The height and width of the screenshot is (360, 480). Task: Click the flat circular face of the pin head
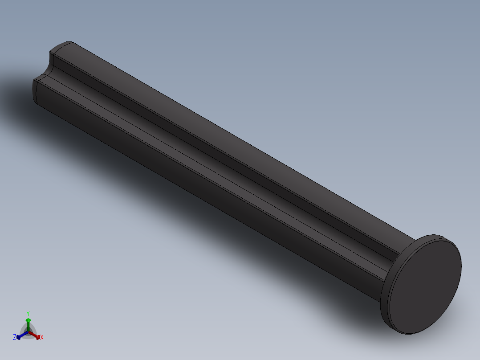point(425,285)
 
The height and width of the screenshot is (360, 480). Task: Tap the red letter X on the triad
point(42,338)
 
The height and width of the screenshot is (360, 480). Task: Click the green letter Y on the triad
point(28,313)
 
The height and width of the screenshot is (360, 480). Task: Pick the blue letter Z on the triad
point(15,337)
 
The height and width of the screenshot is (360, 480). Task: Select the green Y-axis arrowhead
point(28,320)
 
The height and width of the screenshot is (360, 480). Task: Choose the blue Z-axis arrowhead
point(19,337)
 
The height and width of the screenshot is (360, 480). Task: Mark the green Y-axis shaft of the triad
point(28,326)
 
